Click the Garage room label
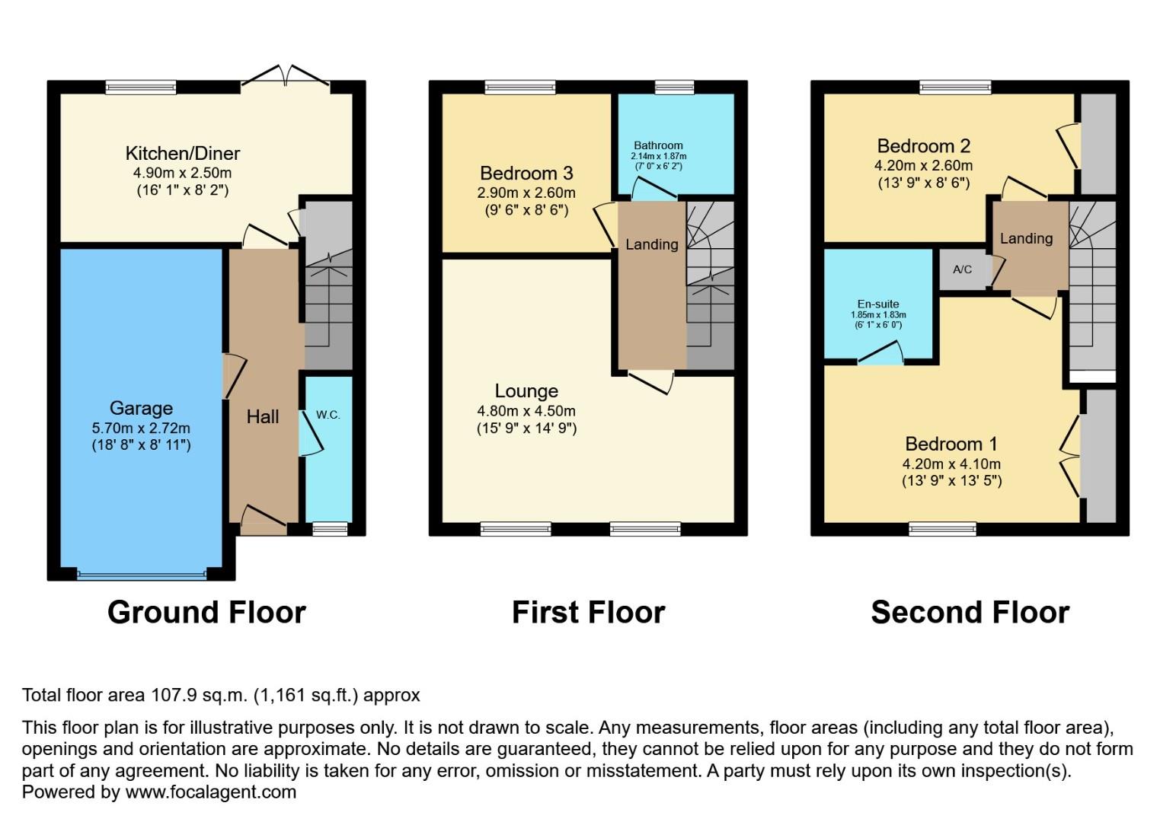(x=141, y=408)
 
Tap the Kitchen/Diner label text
(x=183, y=153)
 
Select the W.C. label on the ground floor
(x=328, y=415)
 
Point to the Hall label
(x=263, y=416)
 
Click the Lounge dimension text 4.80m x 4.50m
(x=526, y=411)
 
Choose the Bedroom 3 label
(x=526, y=174)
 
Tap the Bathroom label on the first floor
(x=658, y=145)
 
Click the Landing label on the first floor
(x=651, y=244)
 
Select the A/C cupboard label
(x=962, y=269)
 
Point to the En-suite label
(x=878, y=304)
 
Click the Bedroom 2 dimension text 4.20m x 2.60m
(x=923, y=165)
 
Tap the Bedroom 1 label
(x=951, y=444)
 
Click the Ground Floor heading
(x=206, y=612)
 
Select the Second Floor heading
(x=970, y=612)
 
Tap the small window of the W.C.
(x=330, y=528)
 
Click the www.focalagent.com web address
(x=210, y=792)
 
